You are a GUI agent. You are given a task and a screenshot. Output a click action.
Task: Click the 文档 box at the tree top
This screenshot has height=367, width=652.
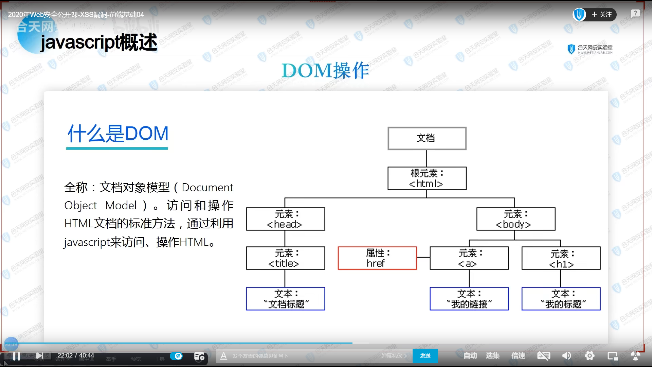tap(427, 138)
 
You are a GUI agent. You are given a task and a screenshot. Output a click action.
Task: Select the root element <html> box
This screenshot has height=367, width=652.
tap(427, 178)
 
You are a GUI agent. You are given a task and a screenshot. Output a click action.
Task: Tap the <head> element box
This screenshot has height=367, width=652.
tap(285, 219)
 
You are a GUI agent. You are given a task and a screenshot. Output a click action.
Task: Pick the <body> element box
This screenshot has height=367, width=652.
tap(515, 219)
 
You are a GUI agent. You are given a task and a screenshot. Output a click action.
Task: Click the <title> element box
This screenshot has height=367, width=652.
tap(285, 258)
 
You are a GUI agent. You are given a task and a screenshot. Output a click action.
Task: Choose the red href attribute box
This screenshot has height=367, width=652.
tap(377, 258)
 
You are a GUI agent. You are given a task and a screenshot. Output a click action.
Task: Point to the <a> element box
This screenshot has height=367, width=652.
tap(469, 258)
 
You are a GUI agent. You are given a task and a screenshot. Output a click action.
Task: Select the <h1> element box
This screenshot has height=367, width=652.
tap(561, 258)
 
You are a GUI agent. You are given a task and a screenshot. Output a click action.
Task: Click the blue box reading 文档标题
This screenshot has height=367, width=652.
tap(285, 299)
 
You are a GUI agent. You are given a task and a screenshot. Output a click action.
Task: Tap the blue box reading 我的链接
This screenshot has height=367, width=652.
tap(469, 299)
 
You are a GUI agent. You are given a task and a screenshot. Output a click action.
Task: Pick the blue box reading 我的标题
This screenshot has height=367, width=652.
tap(561, 299)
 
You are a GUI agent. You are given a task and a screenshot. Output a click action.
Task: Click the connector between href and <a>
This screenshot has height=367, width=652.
tap(423, 258)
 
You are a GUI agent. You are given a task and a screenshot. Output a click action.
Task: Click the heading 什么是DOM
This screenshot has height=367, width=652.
tap(118, 134)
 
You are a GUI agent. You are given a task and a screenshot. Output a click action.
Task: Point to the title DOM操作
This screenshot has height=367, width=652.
tap(325, 71)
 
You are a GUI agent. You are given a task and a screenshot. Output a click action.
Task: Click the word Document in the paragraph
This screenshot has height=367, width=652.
tap(207, 188)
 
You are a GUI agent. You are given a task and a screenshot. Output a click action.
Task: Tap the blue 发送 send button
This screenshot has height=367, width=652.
tap(425, 356)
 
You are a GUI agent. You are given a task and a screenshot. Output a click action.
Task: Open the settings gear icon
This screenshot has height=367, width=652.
tap(590, 356)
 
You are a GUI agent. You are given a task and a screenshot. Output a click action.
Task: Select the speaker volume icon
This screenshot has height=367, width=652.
tap(566, 356)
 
